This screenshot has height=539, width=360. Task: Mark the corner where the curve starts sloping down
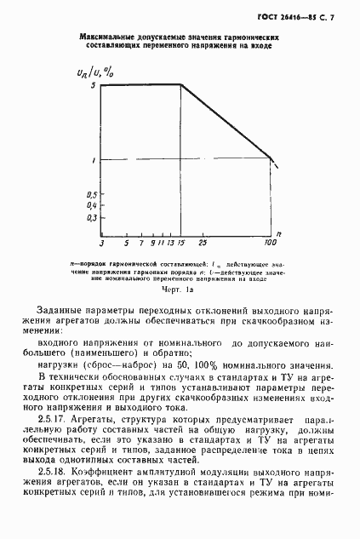182,84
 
